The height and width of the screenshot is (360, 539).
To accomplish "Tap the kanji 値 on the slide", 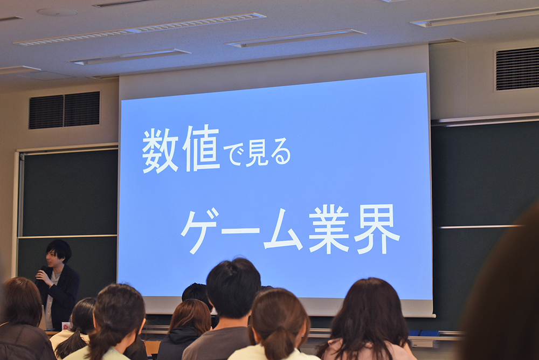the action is [x=202, y=149].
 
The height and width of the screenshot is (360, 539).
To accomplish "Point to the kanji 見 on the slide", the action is [x=257, y=154].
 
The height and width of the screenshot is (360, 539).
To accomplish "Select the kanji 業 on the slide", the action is [x=329, y=229].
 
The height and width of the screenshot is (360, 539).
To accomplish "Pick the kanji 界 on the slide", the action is [x=377, y=229].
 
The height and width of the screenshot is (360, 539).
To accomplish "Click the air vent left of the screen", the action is [x=64, y=110].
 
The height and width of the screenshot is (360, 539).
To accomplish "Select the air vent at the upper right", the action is [x=517, y=69].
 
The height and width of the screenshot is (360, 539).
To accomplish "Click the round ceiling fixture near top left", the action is [x=58, y=12].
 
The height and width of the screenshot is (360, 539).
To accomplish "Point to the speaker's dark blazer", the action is [x=60, y=296].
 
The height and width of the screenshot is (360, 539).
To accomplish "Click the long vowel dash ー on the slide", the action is [x=240, y=230].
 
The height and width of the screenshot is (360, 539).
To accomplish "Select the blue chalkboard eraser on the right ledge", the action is [x=424, y=333].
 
